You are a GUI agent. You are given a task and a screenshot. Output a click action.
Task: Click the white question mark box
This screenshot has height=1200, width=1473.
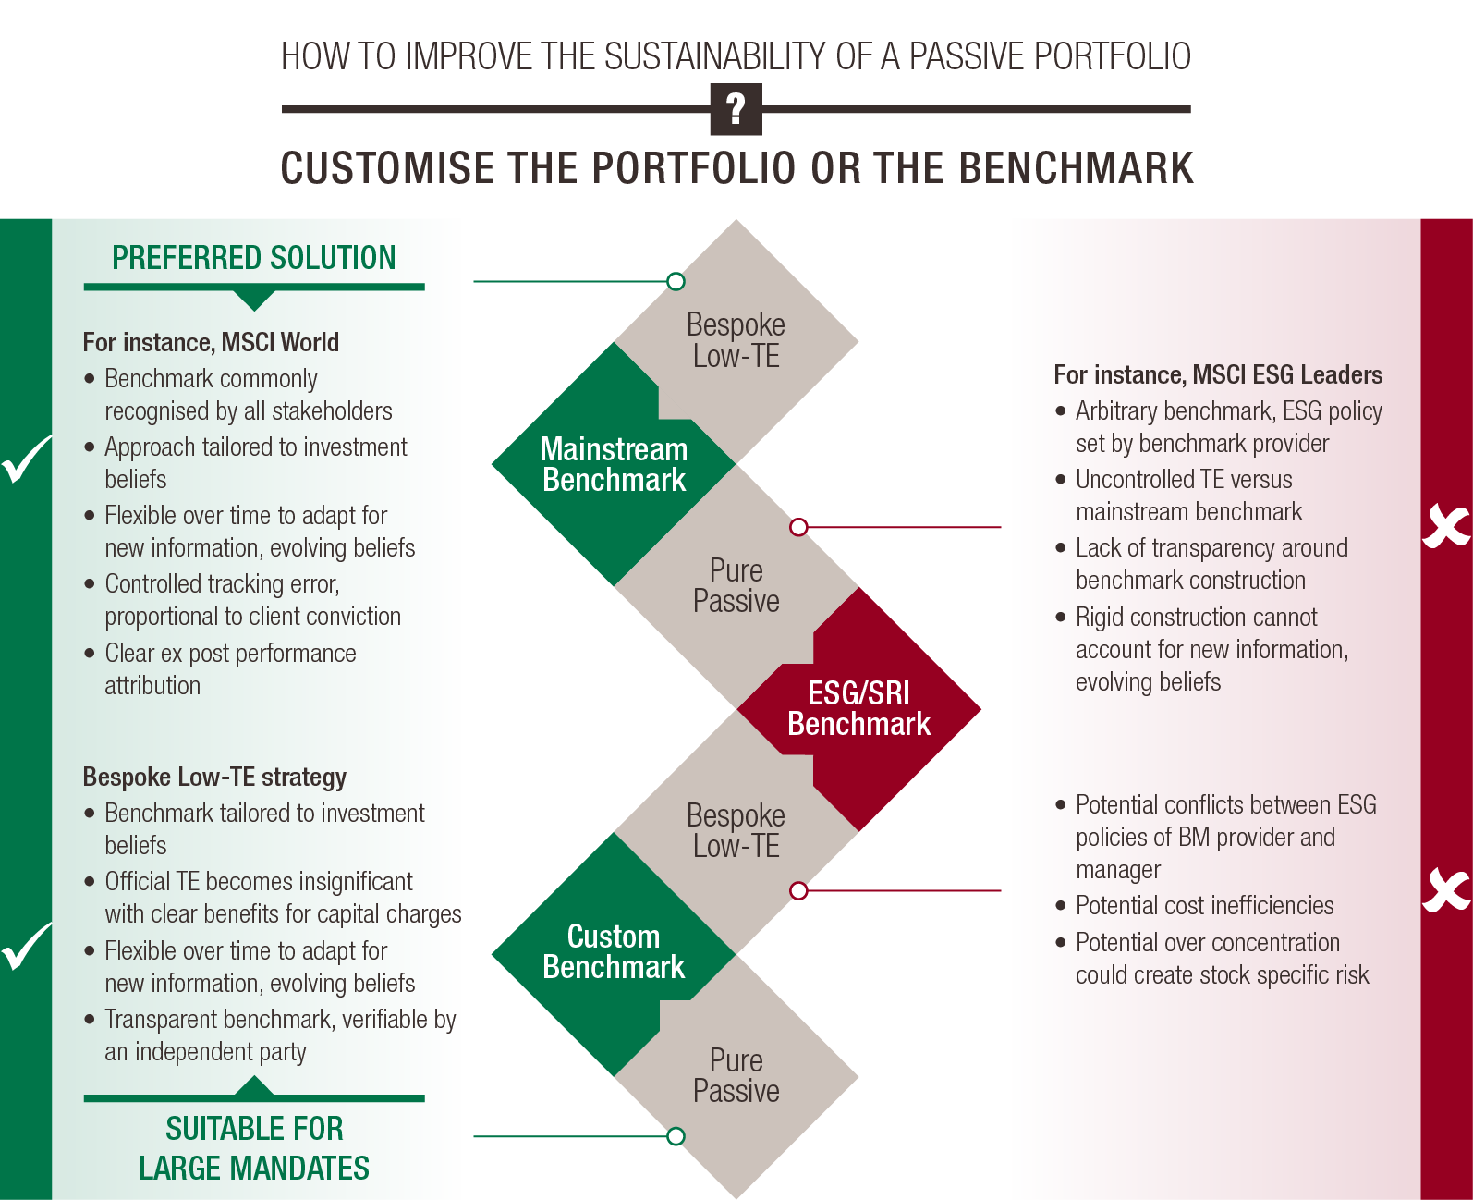pos(736,109)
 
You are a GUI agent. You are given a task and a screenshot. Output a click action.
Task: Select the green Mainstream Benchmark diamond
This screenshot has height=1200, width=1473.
pos(614,464)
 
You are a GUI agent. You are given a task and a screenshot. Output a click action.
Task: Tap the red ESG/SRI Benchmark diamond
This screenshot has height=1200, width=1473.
pos(858,709)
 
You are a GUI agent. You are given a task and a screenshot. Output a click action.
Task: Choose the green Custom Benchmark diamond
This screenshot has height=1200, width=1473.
pos(614,952)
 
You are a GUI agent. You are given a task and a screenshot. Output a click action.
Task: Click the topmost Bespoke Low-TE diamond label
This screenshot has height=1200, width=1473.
pos(736,340)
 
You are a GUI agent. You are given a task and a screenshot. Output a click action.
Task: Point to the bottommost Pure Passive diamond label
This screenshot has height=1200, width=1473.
pos(736,1075)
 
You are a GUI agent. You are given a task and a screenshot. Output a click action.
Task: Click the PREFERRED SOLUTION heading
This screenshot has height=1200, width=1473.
pos(254,258)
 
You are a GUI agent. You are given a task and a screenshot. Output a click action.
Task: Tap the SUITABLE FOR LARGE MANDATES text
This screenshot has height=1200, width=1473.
pos(254,1148)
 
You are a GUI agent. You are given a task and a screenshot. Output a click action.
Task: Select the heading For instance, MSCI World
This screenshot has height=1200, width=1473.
pos(211,343)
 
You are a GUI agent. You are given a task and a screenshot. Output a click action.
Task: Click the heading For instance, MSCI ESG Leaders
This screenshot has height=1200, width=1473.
pos(1218,375)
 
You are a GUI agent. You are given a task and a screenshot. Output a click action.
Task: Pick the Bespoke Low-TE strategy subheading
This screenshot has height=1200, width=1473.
pos(214,778)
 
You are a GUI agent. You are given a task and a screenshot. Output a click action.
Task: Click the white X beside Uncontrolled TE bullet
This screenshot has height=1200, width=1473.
pos(1445,526)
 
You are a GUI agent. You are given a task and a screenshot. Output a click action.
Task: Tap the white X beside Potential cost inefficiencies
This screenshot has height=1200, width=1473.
pos(1445,889)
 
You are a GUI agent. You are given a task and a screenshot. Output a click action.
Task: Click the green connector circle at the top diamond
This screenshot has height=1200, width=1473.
pos(676,281)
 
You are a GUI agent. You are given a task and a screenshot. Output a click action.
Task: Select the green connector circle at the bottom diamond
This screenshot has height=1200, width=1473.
pos(676,1136)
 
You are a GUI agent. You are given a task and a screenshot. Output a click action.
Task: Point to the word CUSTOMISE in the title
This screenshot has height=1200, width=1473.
pos(387,168)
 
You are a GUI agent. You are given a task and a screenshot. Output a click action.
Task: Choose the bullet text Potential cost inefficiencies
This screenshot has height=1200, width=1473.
pos(1204,906)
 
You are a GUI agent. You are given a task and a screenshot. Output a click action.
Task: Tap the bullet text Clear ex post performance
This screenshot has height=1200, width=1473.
pos(230,654)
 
